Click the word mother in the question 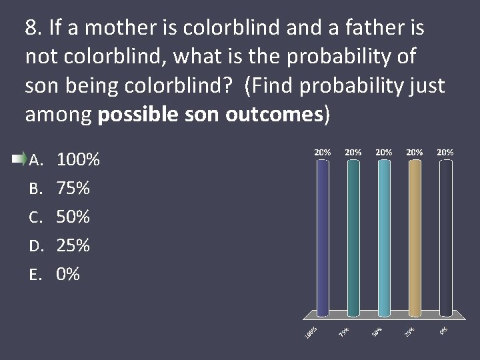point(116,28)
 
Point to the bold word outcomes point(273,115)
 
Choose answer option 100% point(79,160)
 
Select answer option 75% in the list point(73,189)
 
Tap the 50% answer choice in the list point(73,217)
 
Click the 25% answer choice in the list point(73,246)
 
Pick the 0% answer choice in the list point(68,274)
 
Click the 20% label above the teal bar point(353,152)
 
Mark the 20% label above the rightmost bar point(445,152)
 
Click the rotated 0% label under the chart point(443,329)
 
